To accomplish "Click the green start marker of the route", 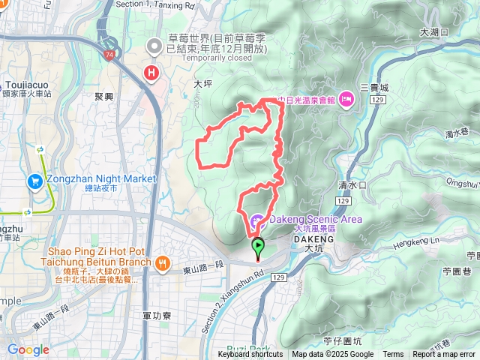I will (x=258, y=245).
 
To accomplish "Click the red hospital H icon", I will (x=152, y=73).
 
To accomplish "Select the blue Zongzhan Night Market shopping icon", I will (x=34, y=181).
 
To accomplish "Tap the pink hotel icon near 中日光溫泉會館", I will (x=346, y=98).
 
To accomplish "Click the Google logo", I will (x=28, y=349).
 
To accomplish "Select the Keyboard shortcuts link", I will (x=250, y=355).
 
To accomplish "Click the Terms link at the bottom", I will (x=393, y=355).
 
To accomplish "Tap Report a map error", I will (x=445, y=355).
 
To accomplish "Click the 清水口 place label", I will (x=351, y=184).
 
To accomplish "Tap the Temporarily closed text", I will (x=196, y=58).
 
